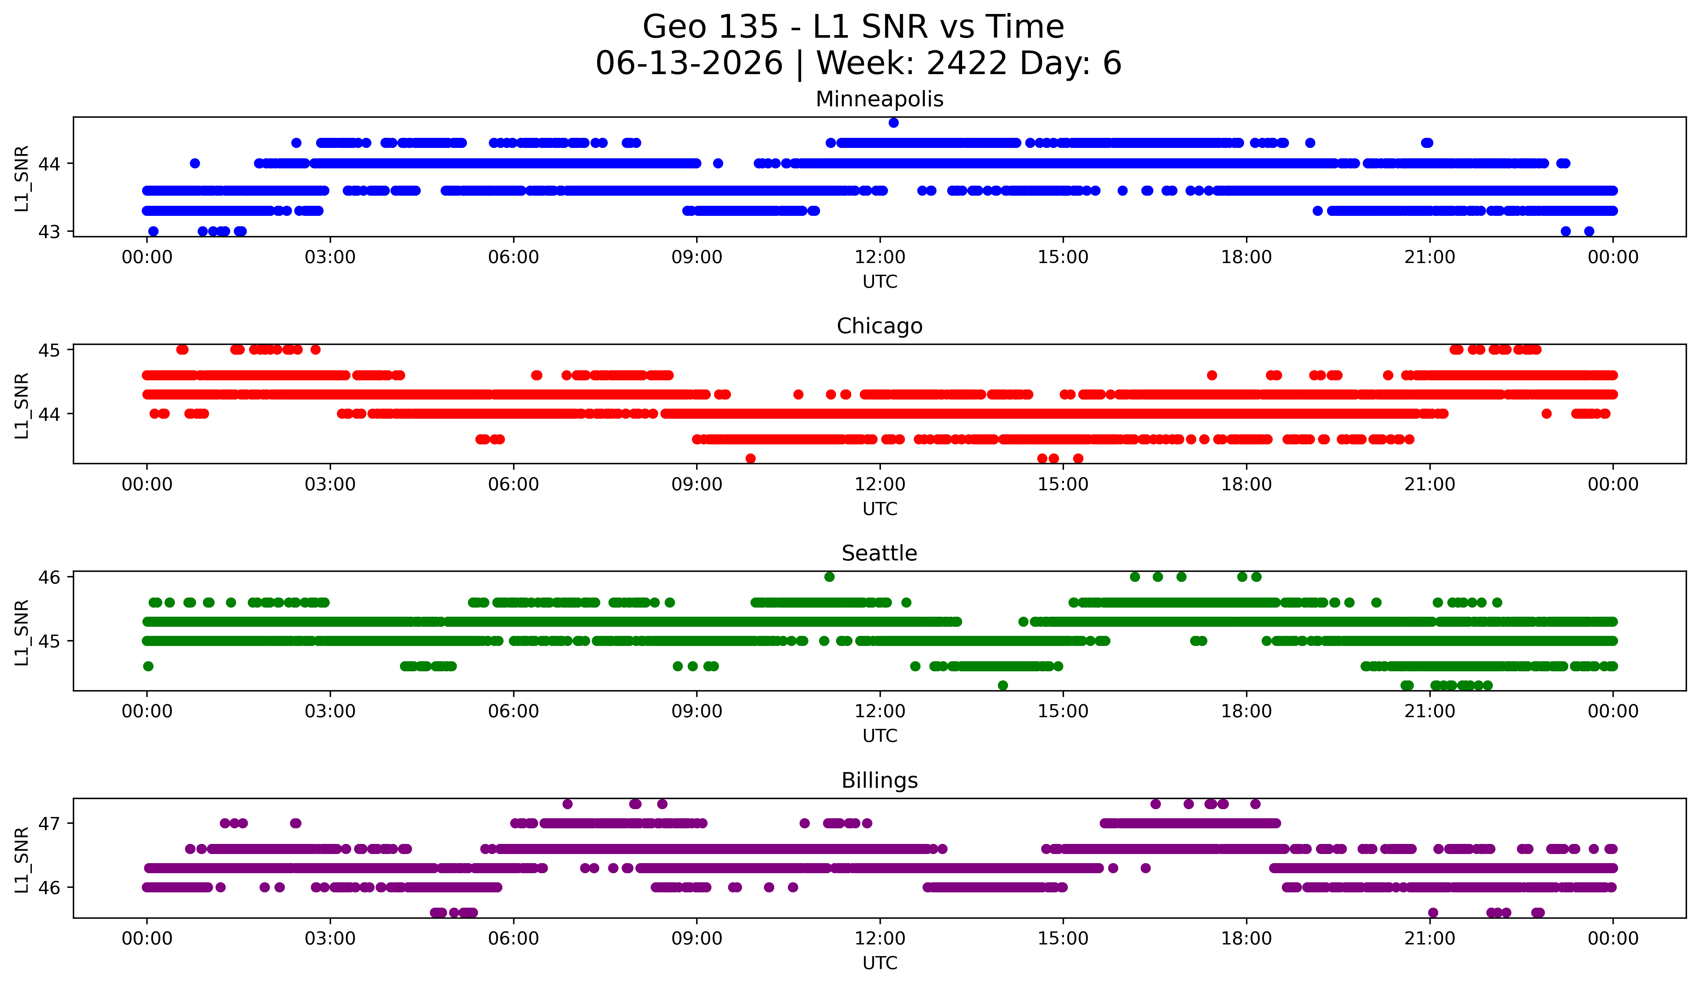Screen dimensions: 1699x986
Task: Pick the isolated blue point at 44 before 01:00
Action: coord(195,163)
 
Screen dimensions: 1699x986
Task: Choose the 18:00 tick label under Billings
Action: coord(1246,939)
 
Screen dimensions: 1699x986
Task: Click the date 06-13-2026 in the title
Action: coord(689,63)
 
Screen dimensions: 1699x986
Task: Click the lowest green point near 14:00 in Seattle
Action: coord(1002,685)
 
